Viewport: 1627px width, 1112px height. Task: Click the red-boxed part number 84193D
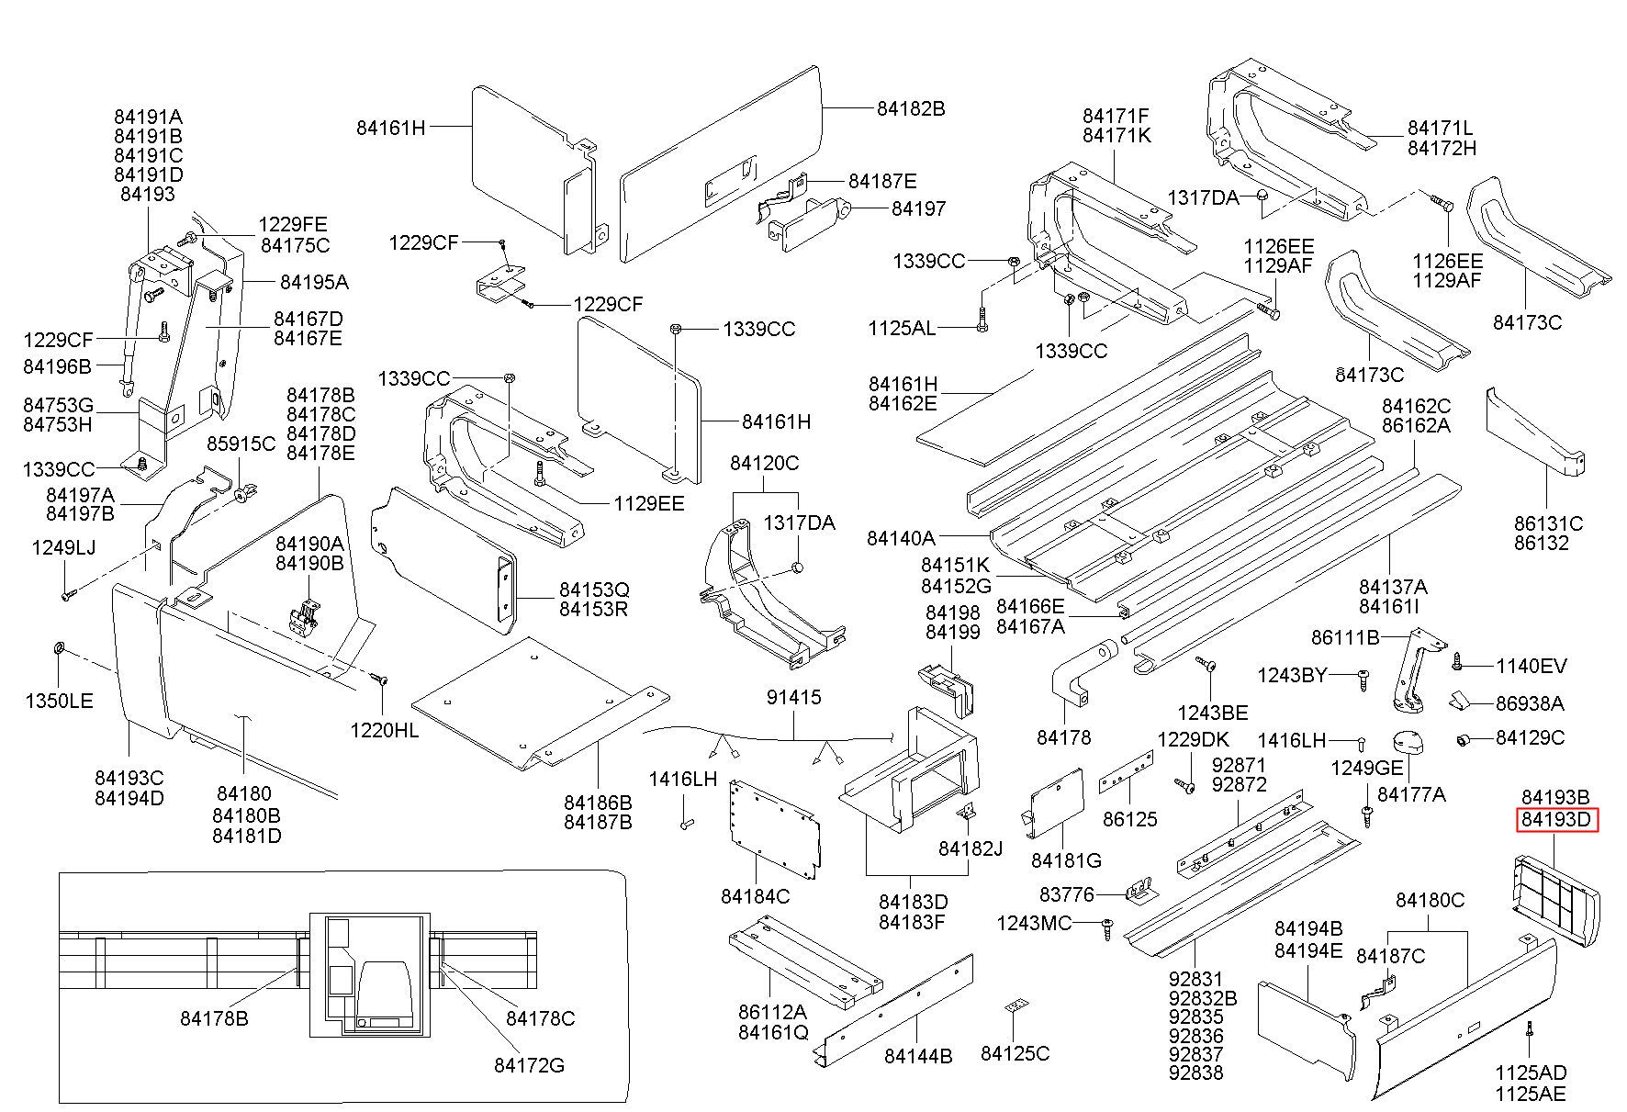[x=1555, y=819]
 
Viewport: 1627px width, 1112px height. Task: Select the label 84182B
[x=910, y=108]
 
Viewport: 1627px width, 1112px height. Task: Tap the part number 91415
[x=794, y=698]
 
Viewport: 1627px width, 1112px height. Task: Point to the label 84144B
[x=918, y=1056]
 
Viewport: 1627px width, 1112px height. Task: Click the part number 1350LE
[x=59, y=702]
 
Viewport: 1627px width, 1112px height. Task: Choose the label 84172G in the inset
[x=529, y=1065]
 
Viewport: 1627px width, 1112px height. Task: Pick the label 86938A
[x=1530, y=704]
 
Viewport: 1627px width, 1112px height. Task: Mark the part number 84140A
[x=901, y=538]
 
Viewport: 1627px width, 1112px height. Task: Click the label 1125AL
[x=902, y=328]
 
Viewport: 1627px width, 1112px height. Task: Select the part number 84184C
[x=755, y=895]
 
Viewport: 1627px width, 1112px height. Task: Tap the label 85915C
[x=241, y=444]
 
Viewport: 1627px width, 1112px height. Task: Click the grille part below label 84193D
[x=1555, y=891]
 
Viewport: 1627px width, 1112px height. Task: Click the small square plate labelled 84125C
[x=1014, y=1007]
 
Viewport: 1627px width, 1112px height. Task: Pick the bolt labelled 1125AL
[x=982, y=324]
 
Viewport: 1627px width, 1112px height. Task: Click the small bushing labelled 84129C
[x=1464, y=739]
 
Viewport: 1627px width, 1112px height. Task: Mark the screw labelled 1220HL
[x=379, y=680]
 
